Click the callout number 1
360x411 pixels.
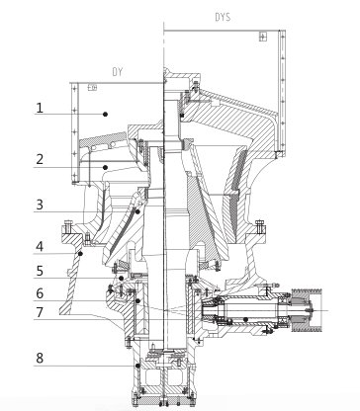coord(40,108)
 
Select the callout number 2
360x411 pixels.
coord(40,159)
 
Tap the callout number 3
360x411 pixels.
coord(40,205)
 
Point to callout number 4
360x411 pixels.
coord(40,247)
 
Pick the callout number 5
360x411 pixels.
coord(40,271)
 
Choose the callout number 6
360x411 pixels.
coord(40,293)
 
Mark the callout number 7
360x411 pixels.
coord(40,312)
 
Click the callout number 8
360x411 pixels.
coord(40,358)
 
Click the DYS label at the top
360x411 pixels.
coord(223,17)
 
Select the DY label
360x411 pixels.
coord(118,72)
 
